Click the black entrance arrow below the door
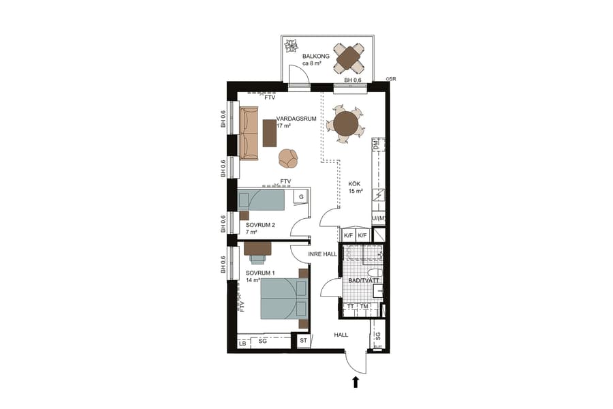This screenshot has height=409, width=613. pos(356,382)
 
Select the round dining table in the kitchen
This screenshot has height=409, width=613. pos(345,125)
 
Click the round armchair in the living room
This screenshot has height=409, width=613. pos(288,158)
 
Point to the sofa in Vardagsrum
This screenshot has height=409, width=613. pos(249,133)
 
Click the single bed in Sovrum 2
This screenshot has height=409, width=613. pos(262,200)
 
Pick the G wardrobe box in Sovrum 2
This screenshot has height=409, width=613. pos(299,196)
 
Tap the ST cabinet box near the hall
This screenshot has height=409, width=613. pos(303,340)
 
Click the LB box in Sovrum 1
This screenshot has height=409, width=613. pos(242,344)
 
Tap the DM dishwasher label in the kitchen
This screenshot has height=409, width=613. pos(376,145)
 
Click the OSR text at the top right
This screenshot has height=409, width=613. pos(390,79)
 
